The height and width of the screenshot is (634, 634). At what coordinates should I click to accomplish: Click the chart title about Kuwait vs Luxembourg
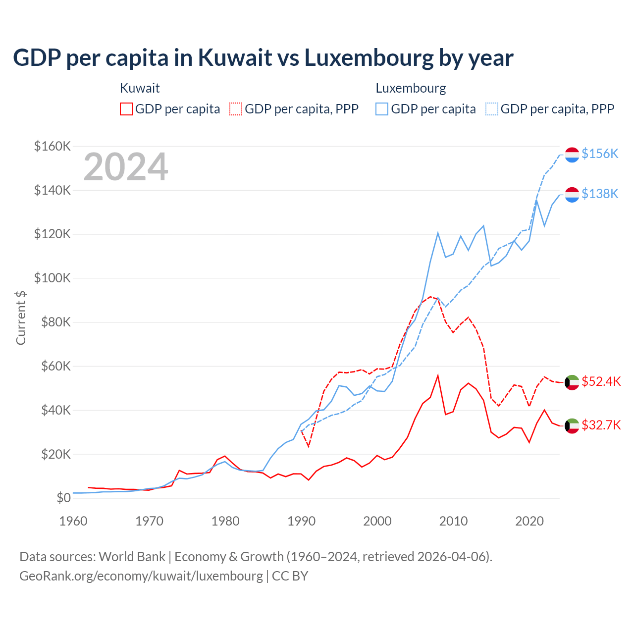pos(263,58)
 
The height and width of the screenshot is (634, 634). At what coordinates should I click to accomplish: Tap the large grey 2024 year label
pos(126,167)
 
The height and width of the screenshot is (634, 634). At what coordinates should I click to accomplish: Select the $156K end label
pos(600,154)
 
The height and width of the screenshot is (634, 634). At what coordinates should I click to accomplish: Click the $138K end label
pos(600,194)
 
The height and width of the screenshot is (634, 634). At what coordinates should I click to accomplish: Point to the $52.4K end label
pos(601,381)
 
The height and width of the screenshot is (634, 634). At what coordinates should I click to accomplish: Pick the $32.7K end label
pos(601,425)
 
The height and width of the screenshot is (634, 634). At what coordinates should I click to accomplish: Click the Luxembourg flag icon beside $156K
pos(572,155)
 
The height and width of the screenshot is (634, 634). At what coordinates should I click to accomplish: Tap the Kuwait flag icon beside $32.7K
pos(572,425)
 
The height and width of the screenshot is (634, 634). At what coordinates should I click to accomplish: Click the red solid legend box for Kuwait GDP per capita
pos(126,109)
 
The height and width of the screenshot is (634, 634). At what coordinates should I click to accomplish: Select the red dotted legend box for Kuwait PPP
pos(236,109)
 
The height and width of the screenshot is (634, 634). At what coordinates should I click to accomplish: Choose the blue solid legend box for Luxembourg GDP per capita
pos(382,109)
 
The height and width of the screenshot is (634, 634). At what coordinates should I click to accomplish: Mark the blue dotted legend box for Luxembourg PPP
pos(492,109)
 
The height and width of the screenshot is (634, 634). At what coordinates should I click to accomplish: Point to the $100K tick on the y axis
pos(53,278)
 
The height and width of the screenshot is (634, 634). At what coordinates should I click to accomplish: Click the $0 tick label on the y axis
pos(63,498)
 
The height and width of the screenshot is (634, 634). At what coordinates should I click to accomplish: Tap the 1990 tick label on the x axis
pos(301,521)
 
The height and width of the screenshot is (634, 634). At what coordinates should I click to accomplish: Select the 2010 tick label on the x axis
pos(453,521)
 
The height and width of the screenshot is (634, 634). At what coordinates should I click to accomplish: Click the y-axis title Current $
pos(21,317)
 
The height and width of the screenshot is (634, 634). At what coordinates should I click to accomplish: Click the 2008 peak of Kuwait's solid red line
pos(438,375)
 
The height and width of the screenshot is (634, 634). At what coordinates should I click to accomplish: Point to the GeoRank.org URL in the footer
pos(141,576)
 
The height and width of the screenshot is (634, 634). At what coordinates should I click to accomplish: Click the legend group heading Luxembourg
pos(411,88)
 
